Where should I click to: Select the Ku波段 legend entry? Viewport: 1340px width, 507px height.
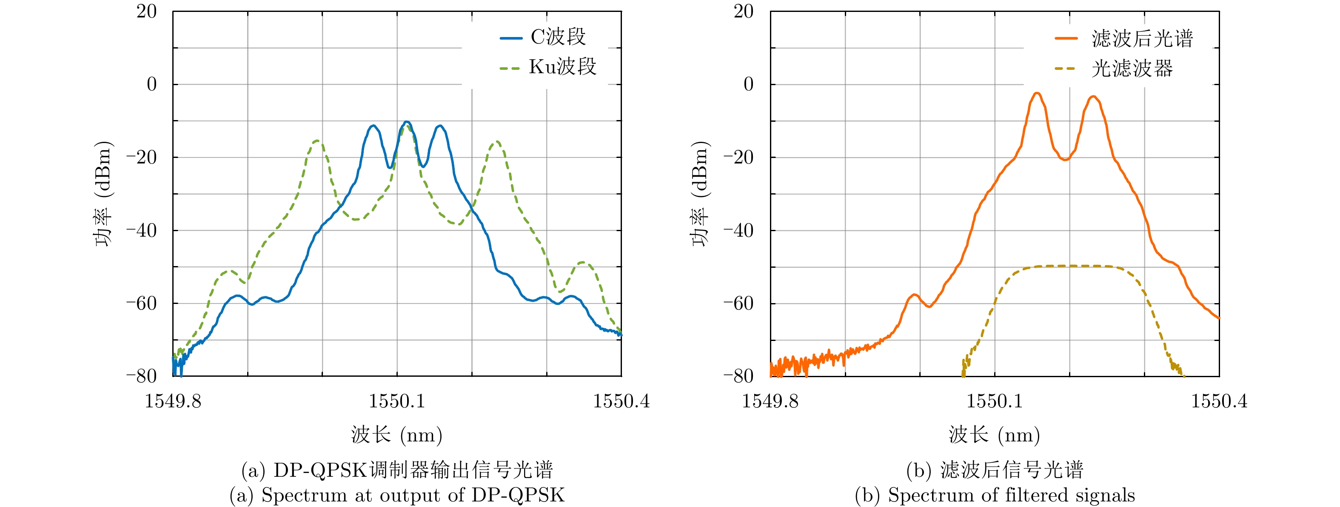pos(562,67)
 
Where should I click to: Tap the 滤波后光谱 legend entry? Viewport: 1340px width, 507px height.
pos(1142,38)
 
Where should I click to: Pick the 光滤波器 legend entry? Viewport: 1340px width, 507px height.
pos(1132,69)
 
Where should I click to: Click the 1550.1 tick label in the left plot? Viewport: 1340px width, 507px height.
pos(397,401)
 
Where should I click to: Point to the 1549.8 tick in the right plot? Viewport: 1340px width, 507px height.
pos(770,401)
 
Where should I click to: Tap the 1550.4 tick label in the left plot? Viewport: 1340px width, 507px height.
pos(621,401)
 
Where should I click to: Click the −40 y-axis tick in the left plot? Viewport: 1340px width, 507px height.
pos(142,230)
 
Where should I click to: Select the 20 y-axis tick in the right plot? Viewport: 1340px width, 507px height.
pos(743,11)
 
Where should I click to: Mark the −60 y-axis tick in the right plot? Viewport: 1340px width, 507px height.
pos(738,303)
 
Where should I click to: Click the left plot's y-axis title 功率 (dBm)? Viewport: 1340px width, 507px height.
pos(103,194)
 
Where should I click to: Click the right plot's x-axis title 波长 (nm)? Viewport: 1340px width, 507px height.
pos(994,435)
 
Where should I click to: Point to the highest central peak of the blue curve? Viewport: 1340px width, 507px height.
pos(407,122)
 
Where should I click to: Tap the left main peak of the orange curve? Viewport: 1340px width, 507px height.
pos(1037,94)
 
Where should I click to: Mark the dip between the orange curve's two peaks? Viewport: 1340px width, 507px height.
pos(1065,159)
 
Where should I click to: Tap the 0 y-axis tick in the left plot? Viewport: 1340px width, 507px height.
pos(151,84)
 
